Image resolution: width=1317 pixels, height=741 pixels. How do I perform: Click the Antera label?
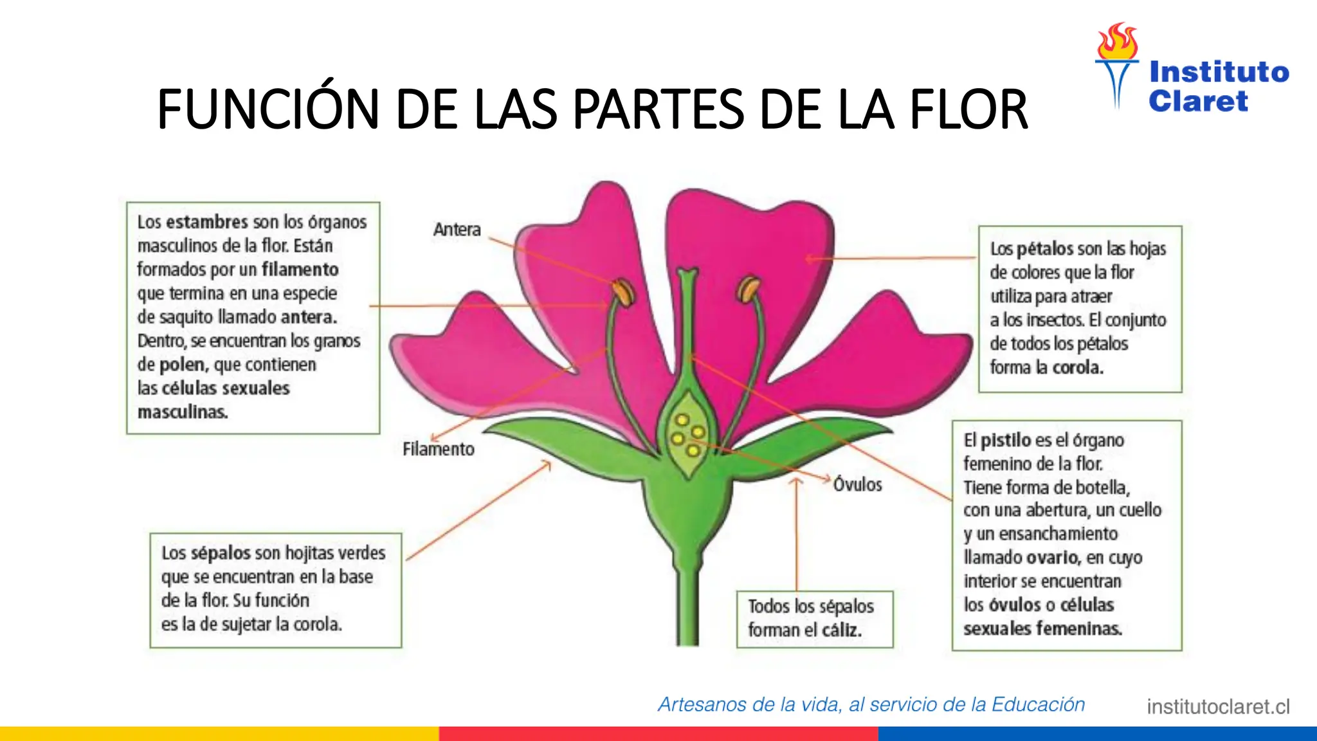[x=457, y=230]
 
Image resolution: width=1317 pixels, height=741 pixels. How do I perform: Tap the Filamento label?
[x=439, y=449]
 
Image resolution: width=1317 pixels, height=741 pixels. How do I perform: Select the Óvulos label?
[x=857, y=484]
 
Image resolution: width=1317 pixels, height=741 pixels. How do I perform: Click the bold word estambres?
[x=207, y=222]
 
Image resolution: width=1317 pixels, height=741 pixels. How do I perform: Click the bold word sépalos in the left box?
[x=221, y=553]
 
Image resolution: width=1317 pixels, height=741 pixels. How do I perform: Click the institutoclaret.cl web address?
[x=1218, y=707]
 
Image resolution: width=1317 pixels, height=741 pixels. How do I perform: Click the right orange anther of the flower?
[x=748, y=289]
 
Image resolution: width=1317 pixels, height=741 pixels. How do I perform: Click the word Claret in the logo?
[x=1198, y=101]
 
